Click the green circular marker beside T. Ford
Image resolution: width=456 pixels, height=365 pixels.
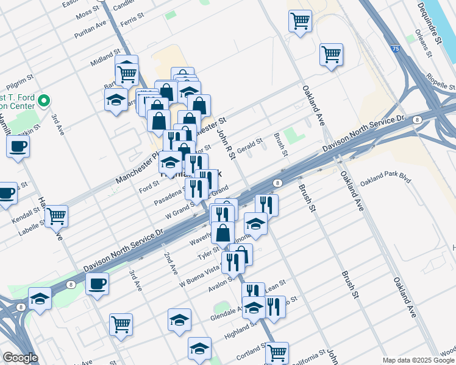click(x=44, y=101)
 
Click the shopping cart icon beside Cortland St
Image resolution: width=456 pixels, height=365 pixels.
click(x=277, y=352)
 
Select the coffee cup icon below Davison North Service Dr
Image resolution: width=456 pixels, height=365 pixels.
click(x=98, y=283)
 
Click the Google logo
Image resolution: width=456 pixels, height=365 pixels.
click(x=21, y=358)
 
